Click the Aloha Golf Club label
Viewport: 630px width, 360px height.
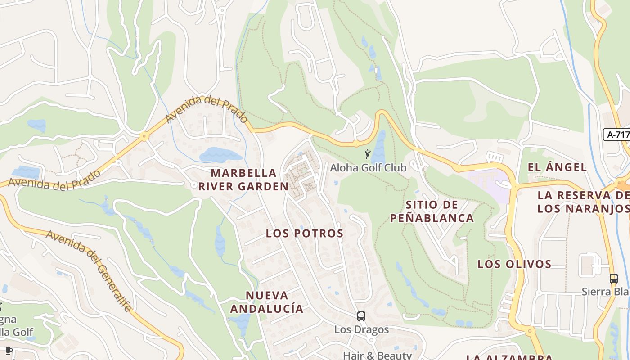point(368,168)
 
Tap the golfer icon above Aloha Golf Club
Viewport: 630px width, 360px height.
point(368,154)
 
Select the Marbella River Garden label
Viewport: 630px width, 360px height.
point(243,180)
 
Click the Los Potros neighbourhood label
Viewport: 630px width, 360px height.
point(305,233)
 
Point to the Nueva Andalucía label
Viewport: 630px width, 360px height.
point(267,302)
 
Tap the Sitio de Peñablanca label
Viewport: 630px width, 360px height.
point(432,211)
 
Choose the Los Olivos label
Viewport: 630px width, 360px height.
point(514,264)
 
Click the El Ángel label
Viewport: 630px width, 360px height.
point(557,167)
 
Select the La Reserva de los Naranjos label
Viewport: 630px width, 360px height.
point(584,202)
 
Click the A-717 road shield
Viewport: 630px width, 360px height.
point(616,134)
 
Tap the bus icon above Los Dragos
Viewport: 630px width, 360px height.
point(361,316)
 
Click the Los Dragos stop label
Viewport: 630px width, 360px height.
point(361,329)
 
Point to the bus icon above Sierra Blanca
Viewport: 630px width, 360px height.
point(614,278)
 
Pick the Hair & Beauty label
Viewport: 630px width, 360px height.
point(377,355)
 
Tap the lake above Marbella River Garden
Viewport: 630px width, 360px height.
point(220,155)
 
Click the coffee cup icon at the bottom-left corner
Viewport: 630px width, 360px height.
point(8,350)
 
